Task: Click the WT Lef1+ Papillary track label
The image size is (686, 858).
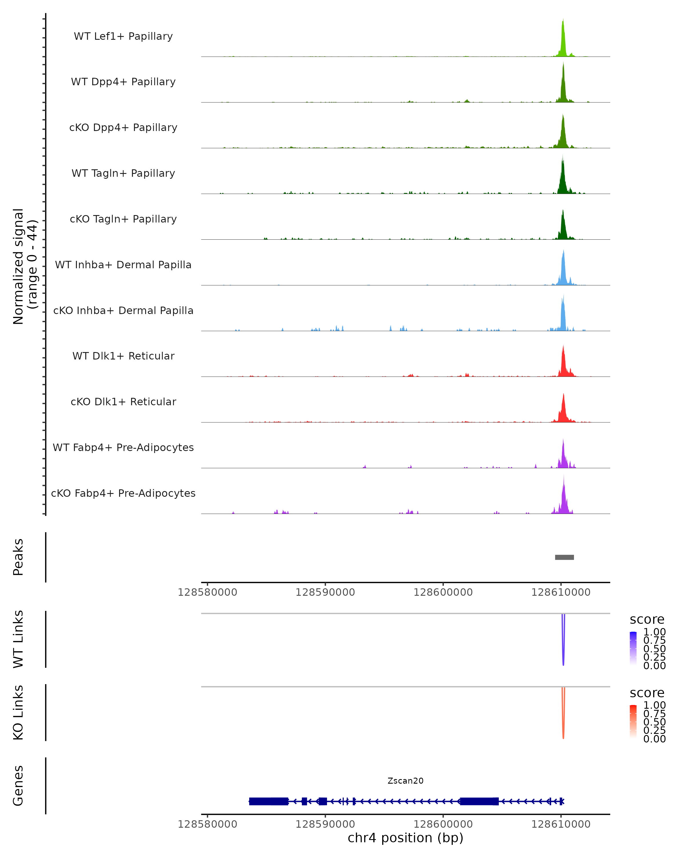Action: [123, 36]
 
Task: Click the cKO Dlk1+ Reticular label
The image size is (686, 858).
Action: [123, 402]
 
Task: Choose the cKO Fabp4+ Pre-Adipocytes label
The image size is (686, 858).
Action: [123, 493]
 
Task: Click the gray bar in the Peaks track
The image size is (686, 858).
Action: [564, 557]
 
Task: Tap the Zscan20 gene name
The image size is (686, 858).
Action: [405, 781]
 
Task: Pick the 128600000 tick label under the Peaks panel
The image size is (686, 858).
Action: [443, 592]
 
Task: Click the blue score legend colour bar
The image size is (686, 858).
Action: [633, 648]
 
